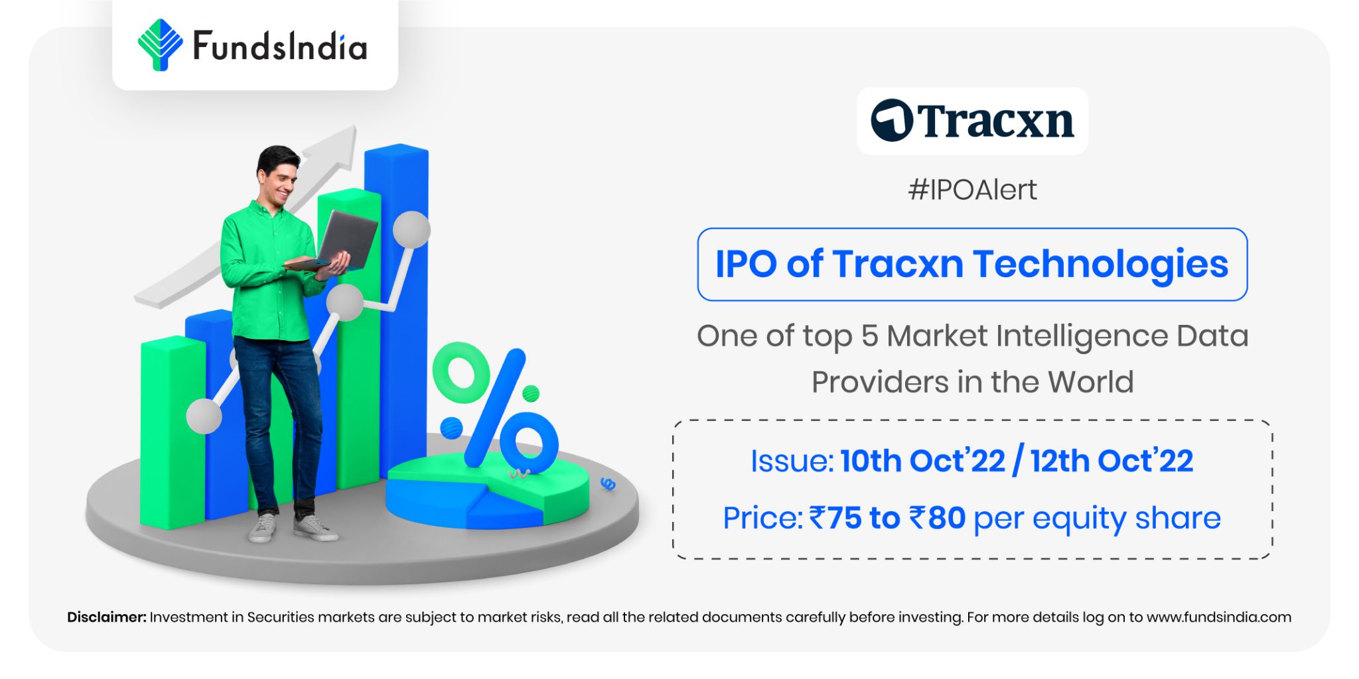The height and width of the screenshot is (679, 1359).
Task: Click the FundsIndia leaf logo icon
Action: [159, 45]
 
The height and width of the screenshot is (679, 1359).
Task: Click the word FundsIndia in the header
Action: [279, 46]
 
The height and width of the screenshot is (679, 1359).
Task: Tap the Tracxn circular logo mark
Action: [892, 121]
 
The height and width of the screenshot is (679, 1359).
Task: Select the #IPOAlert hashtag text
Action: [972, 190]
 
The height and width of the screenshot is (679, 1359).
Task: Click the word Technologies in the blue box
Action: [1101, 264]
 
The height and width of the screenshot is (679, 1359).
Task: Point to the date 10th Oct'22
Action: [922, 461]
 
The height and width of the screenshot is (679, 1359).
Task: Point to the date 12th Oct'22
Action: [1112, 461]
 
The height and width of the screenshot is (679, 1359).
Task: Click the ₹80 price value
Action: [937, 518]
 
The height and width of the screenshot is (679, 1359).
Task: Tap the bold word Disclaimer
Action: [106, 617]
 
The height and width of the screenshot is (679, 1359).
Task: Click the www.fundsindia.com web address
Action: [1218, 617]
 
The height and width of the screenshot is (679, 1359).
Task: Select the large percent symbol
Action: [494, 408]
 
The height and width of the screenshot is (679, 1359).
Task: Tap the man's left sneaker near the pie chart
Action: [315, 528]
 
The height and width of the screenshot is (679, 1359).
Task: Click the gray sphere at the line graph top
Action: [411, 229]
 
